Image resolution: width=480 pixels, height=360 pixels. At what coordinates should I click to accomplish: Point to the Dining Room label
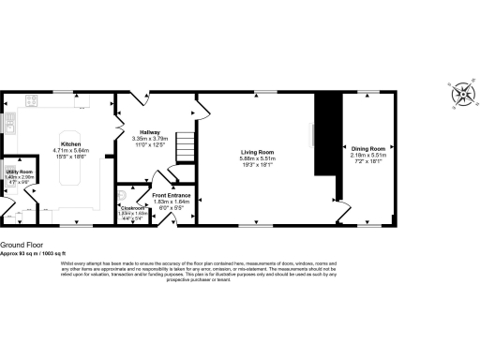[369, 148]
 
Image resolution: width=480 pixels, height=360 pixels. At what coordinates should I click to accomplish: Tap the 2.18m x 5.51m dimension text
[369, 155]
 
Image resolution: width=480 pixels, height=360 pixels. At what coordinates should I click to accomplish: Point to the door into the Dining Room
[344, 207]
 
